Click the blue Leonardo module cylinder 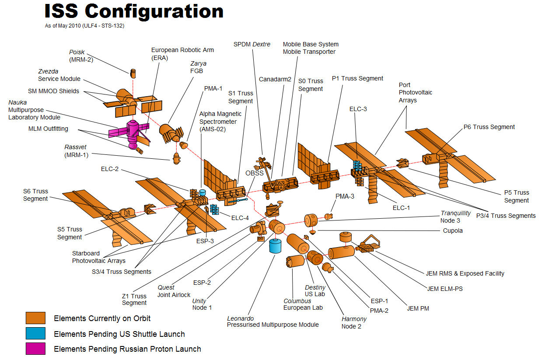pos(275,246)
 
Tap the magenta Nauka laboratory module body pos(133,134)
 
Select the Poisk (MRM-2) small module pos(133,73)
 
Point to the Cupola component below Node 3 pos(313,232)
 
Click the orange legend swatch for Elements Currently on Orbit pos(35,318)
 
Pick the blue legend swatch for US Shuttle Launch pos(35,333)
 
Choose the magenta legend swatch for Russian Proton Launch pos(35,349)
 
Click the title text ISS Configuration pos(134,12)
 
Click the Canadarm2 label pos(275,79)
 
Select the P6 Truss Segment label pos(489,127)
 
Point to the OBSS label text pos(255,173)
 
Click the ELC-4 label pos(240,218)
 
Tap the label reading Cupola pos(453,231)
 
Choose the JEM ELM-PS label pos(445,289)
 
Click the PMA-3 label pos(345,196)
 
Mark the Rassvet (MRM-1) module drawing pos(176,158)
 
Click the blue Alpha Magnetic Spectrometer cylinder pos(203,192)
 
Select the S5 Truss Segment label pos(70,233)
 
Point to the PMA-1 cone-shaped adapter pos(184,145)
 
